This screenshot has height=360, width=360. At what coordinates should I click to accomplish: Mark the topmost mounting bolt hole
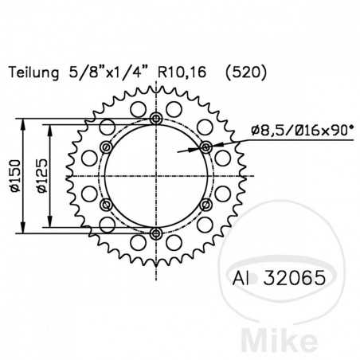155,118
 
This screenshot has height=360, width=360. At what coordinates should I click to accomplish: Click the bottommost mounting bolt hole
155,233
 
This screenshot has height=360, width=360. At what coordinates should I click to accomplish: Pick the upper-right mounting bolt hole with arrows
205,147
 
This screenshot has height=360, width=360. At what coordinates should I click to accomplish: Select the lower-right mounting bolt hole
205,204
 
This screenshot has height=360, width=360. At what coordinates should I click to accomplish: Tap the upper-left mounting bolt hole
106,147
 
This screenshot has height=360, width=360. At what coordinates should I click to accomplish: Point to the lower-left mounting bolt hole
106,204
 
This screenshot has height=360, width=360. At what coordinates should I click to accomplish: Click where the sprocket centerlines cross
155,175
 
